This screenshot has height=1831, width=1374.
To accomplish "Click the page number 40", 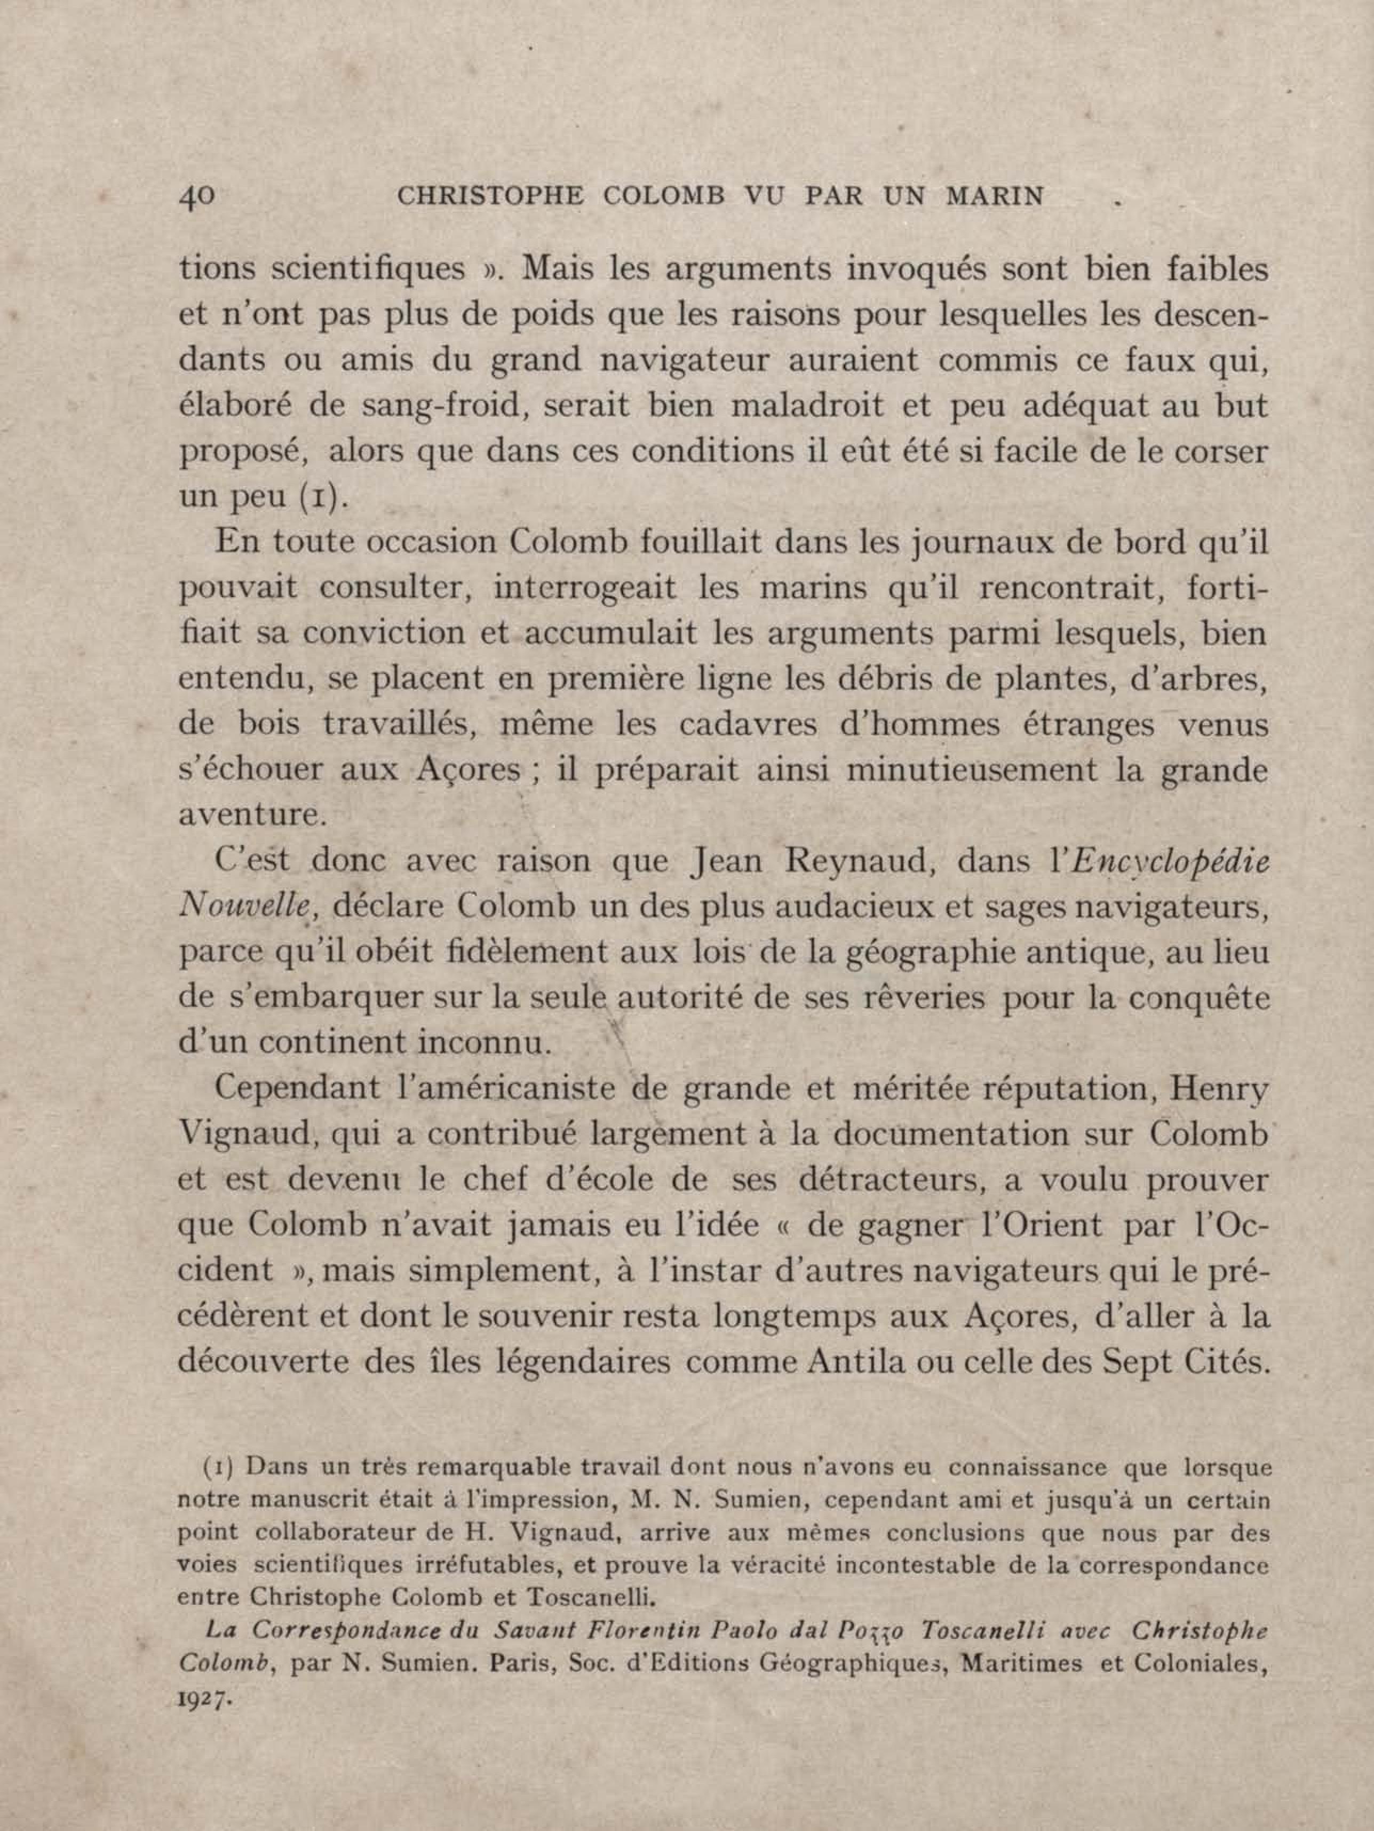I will pos(197,196).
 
